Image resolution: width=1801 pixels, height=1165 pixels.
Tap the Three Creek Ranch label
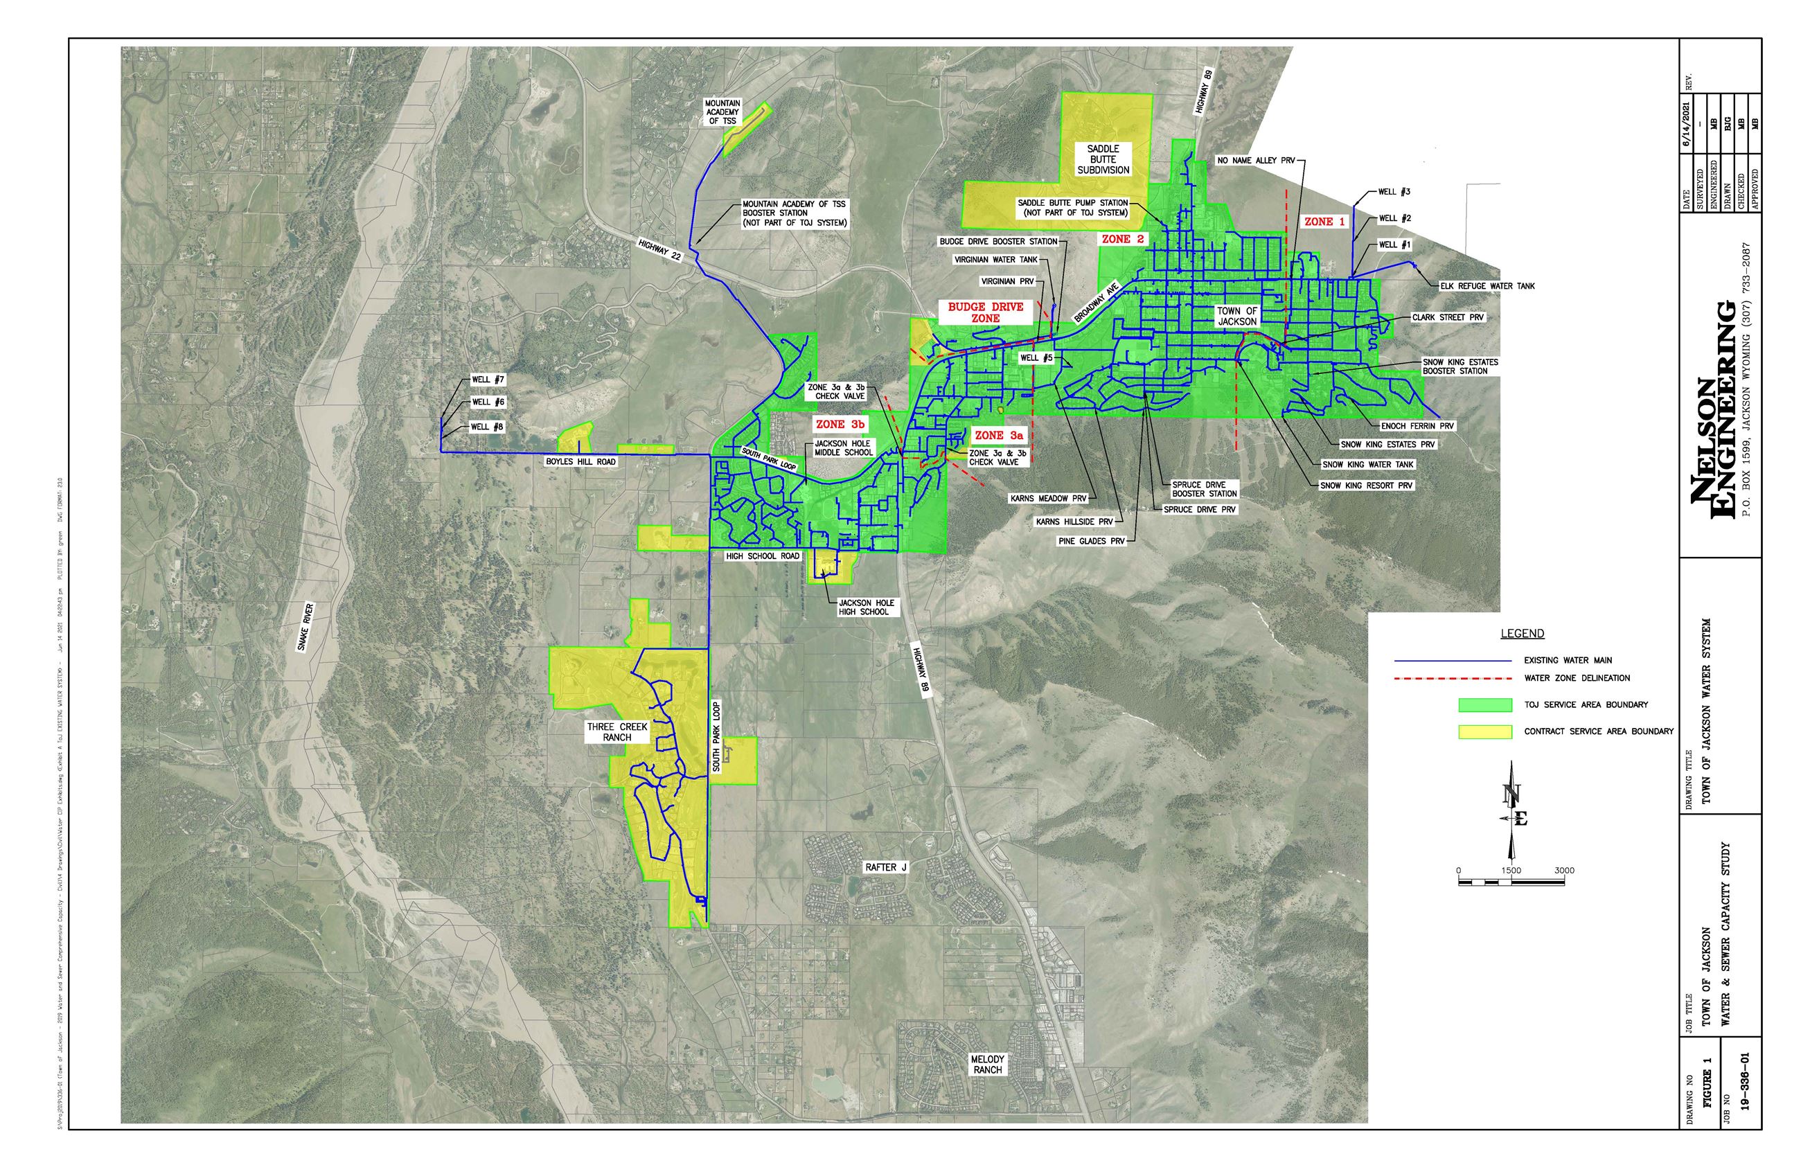click(x=617, y=731)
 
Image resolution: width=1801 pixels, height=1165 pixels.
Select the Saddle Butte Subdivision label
click(x=1103, y=159)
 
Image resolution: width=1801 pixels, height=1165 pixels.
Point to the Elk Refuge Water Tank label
click(x=1487, y=286)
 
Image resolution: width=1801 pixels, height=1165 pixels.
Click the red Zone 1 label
click(x=1324, y=222)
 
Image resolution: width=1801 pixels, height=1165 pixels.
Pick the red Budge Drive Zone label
click(x=985, y=312)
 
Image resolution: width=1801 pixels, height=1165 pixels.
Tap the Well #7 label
click(x=488, y=380)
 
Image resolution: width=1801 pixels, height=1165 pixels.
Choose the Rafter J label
click(x=885, y=867)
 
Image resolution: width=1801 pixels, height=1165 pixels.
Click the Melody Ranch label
click(x=987, y=1065)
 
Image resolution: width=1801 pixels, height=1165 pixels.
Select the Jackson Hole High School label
click(x=866, y=607)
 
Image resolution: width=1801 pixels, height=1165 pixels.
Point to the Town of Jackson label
click(x=1236, y=317)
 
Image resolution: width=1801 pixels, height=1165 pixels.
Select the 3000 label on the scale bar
click(x=1564, y=870)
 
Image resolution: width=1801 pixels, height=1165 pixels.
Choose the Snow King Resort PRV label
click(x=1366, y=486)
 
